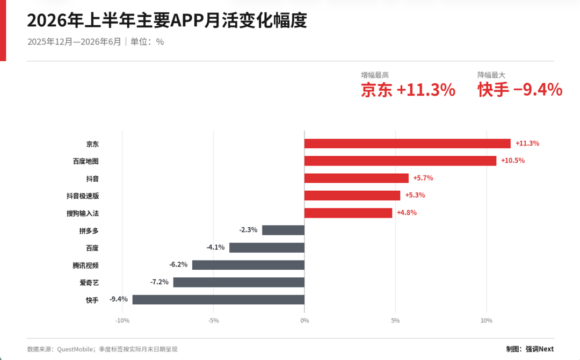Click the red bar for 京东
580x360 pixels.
(407, 143)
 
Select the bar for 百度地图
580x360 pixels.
(400, 161)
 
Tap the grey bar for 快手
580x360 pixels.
(219, 300)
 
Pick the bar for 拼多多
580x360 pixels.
(284, 230)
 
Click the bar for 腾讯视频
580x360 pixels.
(248, 265)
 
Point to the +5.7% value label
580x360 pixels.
(423, 178)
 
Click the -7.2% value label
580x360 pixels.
(160, 282)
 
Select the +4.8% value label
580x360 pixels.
(407, 213)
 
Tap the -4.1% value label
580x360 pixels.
(216, 247)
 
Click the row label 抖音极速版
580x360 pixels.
(83, 196)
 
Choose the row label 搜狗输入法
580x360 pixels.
(83, 213)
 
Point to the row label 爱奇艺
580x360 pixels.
(89, 283)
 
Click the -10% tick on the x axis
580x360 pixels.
(122, 320)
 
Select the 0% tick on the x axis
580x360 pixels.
(305, 320)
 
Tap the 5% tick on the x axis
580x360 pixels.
(395, 320)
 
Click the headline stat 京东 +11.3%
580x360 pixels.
(408, 90)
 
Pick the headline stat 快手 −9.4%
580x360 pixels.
(520, 90)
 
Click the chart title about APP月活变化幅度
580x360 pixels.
(167, 20)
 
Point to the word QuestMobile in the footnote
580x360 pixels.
(75, 349)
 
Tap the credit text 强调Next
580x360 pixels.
(540, 349)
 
